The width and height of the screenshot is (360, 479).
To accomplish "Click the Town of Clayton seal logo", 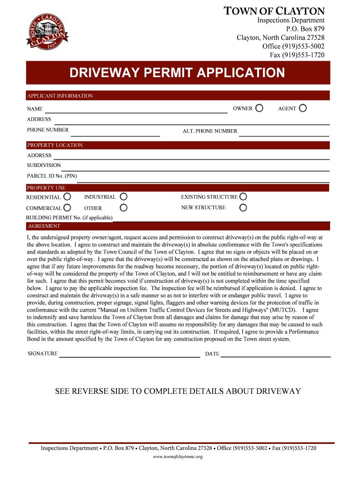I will coord(48,31).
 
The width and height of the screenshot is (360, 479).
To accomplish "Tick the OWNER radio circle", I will coord(259,109).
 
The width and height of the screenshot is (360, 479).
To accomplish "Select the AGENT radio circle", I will coord(303,109).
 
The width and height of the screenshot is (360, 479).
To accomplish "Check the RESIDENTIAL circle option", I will coord(67,197).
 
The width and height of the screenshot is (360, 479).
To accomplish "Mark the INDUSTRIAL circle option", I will coord(123,197).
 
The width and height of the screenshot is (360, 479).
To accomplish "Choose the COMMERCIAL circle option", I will coord(67,208).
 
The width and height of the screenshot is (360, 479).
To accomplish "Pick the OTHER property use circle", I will coord(123,208).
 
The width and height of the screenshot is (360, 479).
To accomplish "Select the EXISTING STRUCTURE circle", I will coord(243,197).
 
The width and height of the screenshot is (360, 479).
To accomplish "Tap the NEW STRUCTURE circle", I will coord(243,208).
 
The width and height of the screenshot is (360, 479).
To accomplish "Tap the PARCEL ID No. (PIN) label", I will coord(52,176).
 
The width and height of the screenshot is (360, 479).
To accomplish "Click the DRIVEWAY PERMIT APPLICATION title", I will coord(177,73).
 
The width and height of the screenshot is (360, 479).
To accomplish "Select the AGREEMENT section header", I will coord(43,226).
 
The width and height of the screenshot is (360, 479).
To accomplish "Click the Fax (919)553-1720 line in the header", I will coord(297,55).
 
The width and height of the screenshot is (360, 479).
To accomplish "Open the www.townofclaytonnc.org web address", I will coord(178,457).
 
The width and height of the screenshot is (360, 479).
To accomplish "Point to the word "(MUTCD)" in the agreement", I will coord(282,310).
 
